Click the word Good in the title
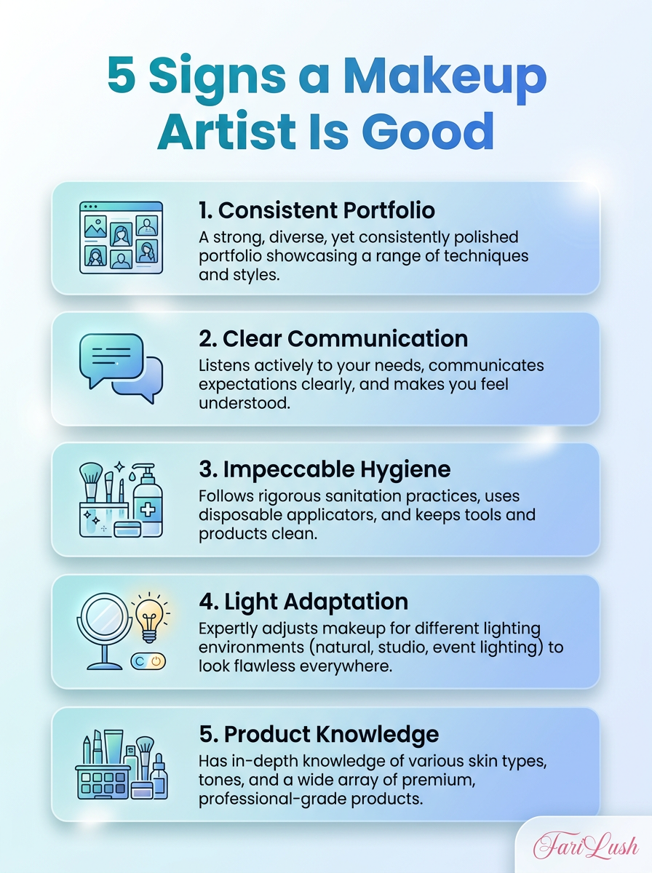[x=428, y=131]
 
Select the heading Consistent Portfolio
[x=317, y=210]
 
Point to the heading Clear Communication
[x=333, y=339]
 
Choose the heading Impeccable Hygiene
[x=325, y=469]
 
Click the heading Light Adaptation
[x=303, y=601]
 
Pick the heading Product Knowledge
[x=319, y=734]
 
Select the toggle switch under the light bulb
[x=148, y=661]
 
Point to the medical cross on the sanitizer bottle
[x=148, y=509]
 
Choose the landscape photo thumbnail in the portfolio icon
[x=95, y=227]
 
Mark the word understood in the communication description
[x=244, y=403]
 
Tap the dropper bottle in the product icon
[x=159, y=776]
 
